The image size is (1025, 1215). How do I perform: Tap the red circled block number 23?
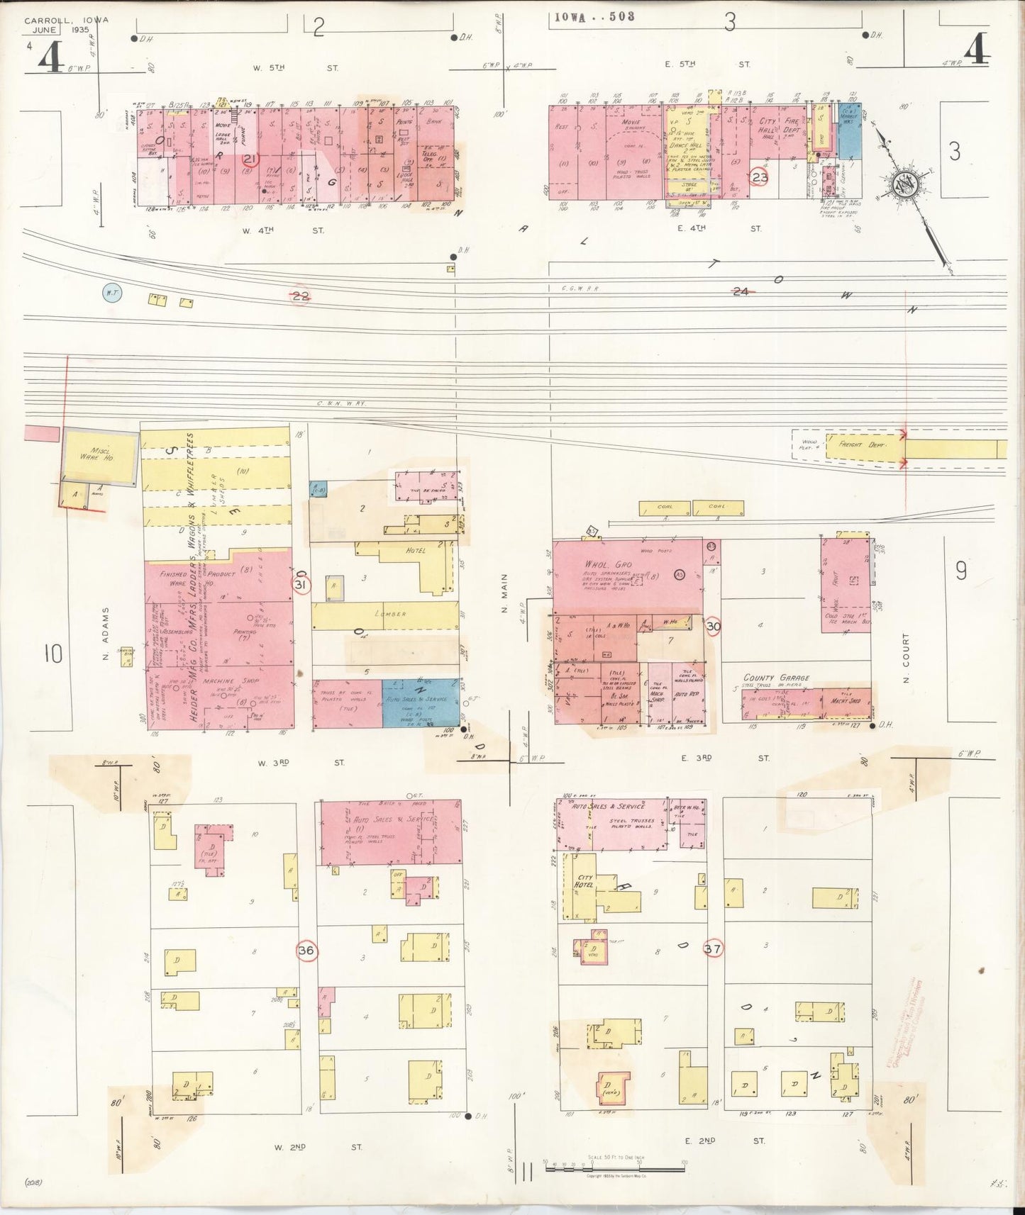pos(760,177)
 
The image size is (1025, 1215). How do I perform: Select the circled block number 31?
pos(301,584)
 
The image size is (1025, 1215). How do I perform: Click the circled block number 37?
pos(713,948)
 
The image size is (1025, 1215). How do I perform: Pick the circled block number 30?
pos(713,627)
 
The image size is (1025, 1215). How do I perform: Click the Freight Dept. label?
pos(860,444)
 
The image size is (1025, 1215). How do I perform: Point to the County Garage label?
pos(776,678)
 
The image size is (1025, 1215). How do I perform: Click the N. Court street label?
pos(906,659)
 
